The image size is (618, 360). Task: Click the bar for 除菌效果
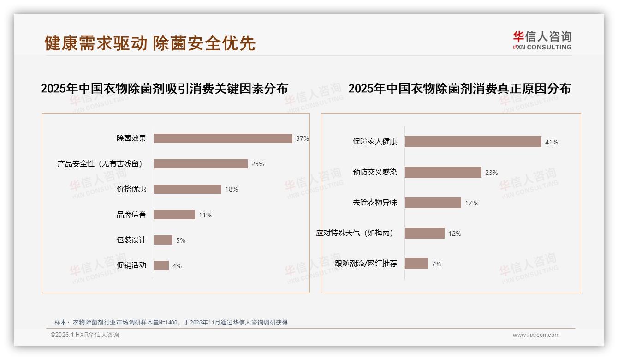click(x=223, y=138)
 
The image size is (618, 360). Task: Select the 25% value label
click(x=257, y=164)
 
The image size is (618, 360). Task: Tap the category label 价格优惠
click(x=131, y=189)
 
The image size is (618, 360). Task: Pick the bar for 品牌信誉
click(x=174, y=215)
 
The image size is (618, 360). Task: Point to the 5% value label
click(x=180, y=240)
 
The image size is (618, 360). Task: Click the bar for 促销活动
click(x=161, y=265)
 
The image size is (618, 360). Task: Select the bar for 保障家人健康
click(x=473, y=142)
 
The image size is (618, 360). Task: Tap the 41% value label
click(x=551, y=142)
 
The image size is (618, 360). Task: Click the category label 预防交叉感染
click(x=374, y=172)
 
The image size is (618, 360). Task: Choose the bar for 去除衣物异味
click(x=433, y=203)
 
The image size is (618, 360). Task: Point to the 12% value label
click(x=454, y=234)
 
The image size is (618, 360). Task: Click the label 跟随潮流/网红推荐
click(x=366, y=264)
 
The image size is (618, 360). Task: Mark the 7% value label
click(x=436, y=264)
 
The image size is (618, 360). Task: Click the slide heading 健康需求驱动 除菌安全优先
click(x=150, y=43)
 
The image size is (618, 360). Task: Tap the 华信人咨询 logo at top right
click(x=542, y=40)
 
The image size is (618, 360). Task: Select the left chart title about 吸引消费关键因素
click(x=164, y=89)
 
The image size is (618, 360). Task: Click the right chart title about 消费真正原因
click(x=459, y=89)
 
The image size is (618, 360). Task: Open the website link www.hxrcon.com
click(x=536, y=335)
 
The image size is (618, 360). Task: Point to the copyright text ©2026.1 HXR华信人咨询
click(x=85, y=335)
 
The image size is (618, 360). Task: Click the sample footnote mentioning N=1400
click(x=171, y=322)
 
